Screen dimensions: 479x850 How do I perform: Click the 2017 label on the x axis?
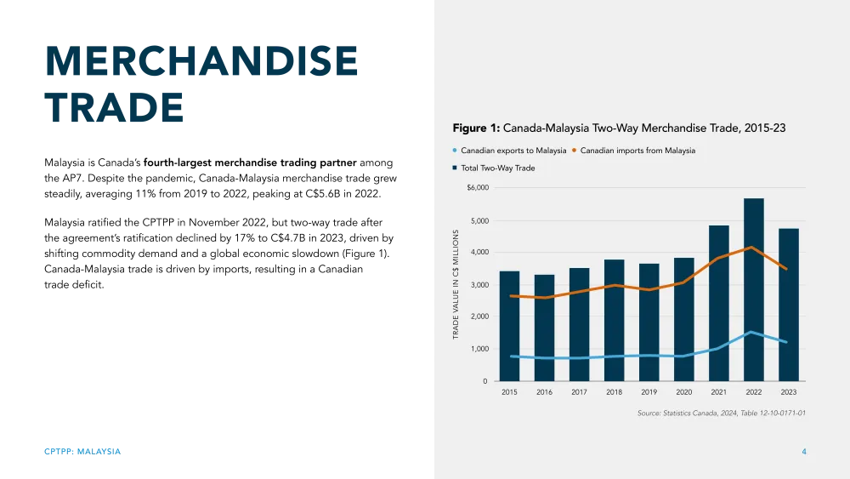[x=579, y=392]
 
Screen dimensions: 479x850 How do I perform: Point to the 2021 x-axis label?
[x=718, y=392]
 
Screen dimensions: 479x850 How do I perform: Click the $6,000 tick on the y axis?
[x=478, y=187]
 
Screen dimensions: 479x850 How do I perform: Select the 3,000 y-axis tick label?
[x=479, y=285]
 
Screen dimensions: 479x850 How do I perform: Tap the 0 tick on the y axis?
[x=484, y=381]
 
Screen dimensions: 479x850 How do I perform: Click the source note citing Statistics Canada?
[x=722, y=413]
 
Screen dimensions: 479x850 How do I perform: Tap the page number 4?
[x=803, y=451]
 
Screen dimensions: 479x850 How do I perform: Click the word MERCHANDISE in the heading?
[x=201, y=62]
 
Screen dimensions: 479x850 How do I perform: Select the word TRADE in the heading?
[x=113, y=105]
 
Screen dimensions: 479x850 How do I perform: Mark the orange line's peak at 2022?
[x=750, y=248]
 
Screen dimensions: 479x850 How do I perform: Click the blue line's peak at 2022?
[x=751, y=332]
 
